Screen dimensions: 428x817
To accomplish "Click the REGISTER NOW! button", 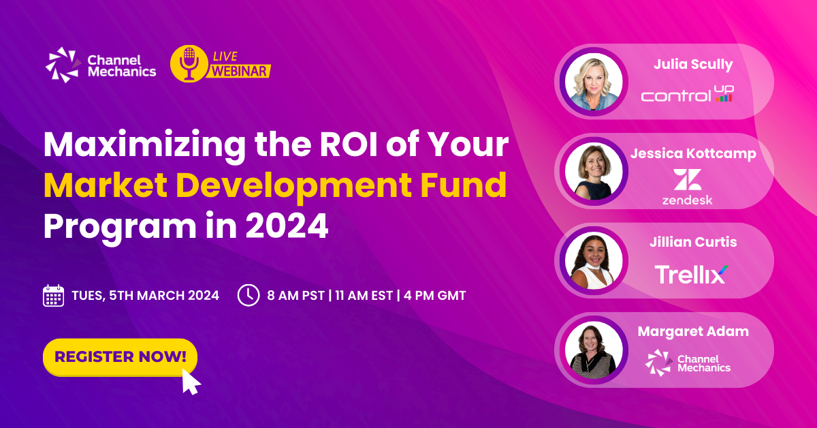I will click(120, 356).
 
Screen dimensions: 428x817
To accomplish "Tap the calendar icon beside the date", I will click(53, 295).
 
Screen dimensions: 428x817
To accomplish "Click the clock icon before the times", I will click(248, 295).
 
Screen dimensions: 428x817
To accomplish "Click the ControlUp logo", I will click(687, 94).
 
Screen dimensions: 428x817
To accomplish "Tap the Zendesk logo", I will click(687, 187).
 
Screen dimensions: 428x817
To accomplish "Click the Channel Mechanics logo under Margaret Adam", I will click(688, 362).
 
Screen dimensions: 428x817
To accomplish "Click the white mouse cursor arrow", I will click(191, 382).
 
